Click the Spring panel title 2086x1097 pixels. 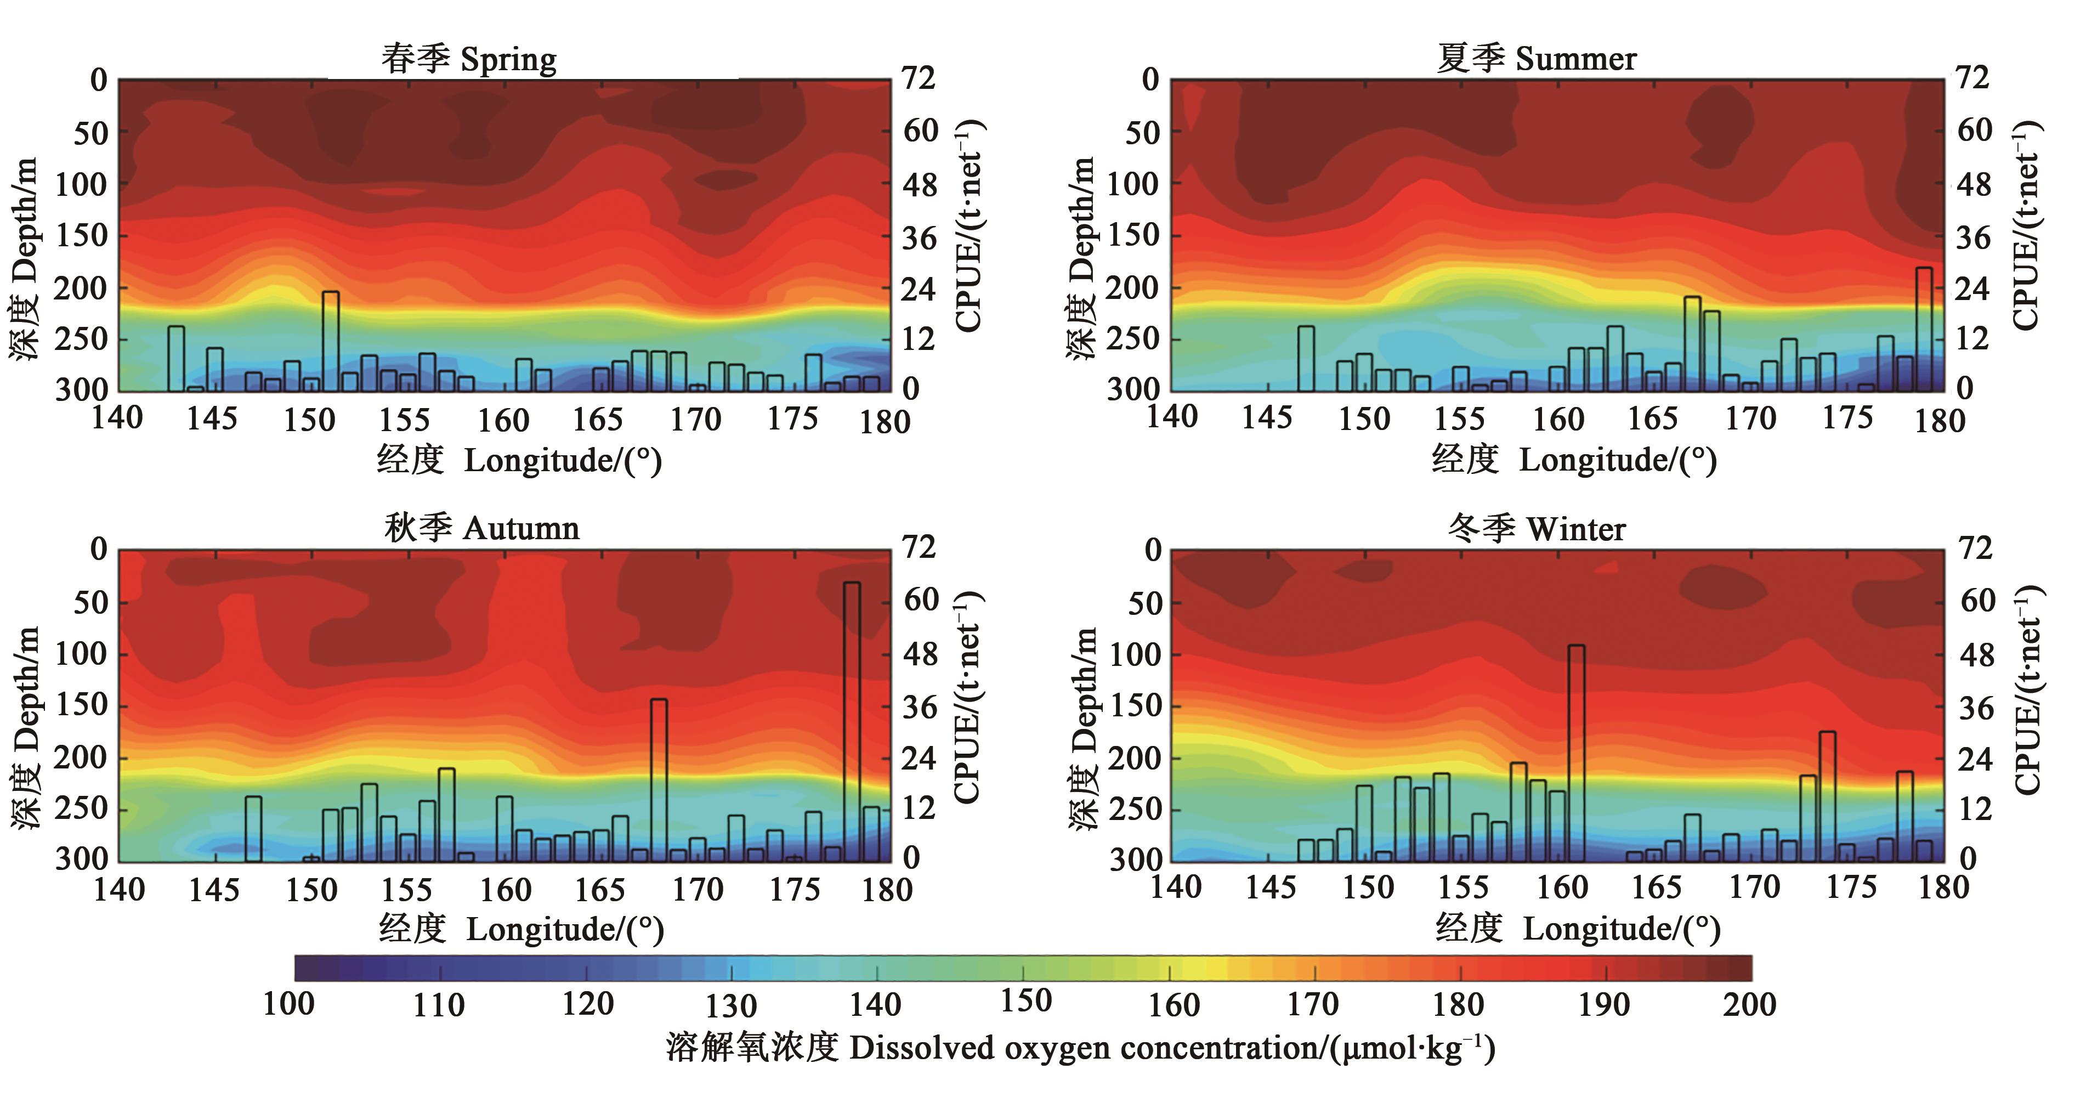469,59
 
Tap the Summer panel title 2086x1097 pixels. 1536,58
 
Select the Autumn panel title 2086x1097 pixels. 482,528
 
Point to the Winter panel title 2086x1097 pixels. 1536,529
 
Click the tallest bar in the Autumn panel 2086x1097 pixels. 852,721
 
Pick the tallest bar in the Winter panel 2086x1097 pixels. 1576,754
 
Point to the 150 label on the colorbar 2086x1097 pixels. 1025,1002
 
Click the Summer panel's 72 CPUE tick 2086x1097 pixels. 1972,78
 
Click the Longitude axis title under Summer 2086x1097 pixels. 1574,460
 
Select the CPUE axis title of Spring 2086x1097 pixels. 968,227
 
